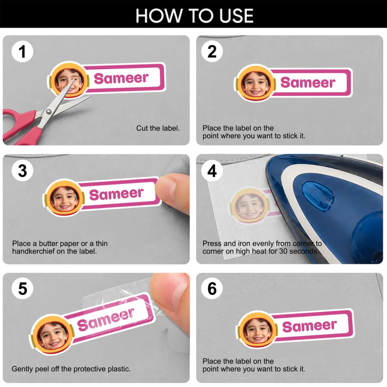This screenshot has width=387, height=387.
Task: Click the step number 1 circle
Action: [x=22, y=51]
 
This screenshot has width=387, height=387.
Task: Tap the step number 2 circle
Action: [x=212, y=51]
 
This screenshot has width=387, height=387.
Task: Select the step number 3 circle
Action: [x=22, y=170]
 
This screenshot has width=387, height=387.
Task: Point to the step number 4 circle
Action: [x=212, y=170]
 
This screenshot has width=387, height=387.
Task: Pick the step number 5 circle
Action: [x=22, y=288]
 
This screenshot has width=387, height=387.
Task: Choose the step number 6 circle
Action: [x=212, y=288]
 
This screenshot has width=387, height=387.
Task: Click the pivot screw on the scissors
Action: [x=49, y=112]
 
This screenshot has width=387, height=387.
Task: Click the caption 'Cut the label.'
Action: [x=158, y=128]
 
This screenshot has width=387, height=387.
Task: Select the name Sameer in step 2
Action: [x=308, y=82]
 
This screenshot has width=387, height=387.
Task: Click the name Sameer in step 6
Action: [x=310, y=326]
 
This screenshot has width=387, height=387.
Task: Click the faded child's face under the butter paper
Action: [x=249, y=206]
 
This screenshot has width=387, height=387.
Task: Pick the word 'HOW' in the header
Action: [x=159, y=16]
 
